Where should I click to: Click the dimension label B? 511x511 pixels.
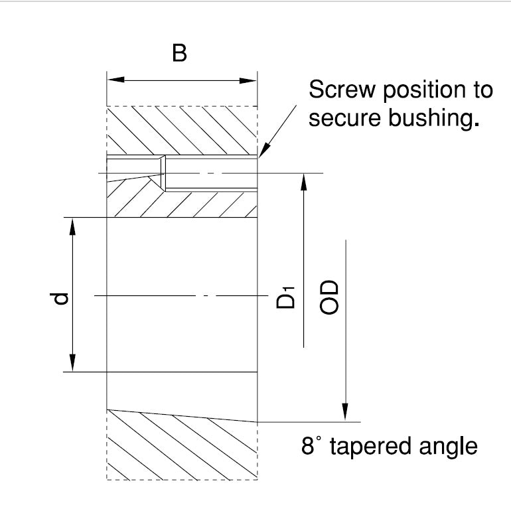[x=179, y=53]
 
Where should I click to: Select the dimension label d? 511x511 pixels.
[x=60, y=299]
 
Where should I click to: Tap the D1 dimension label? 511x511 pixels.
[x=285, y=296]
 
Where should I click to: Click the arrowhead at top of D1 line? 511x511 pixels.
[x=303, y=182]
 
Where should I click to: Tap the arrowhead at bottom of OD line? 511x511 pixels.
[x=345, y=413]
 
